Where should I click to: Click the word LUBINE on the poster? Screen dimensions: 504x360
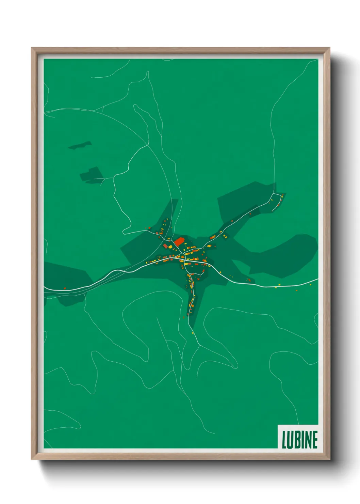(x=299, y=439)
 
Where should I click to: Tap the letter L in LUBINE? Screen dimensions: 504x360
(x=284, y=439)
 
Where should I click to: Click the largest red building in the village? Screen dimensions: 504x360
(x=179, y=241)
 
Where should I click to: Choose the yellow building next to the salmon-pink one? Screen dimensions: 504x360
(x=169, y=246)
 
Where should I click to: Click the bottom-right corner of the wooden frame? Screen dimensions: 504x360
(x=329, y=459)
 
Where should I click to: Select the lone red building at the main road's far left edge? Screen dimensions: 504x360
(x=64, y=288)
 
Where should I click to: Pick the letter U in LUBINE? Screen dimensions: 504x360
(x=290, y=439)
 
